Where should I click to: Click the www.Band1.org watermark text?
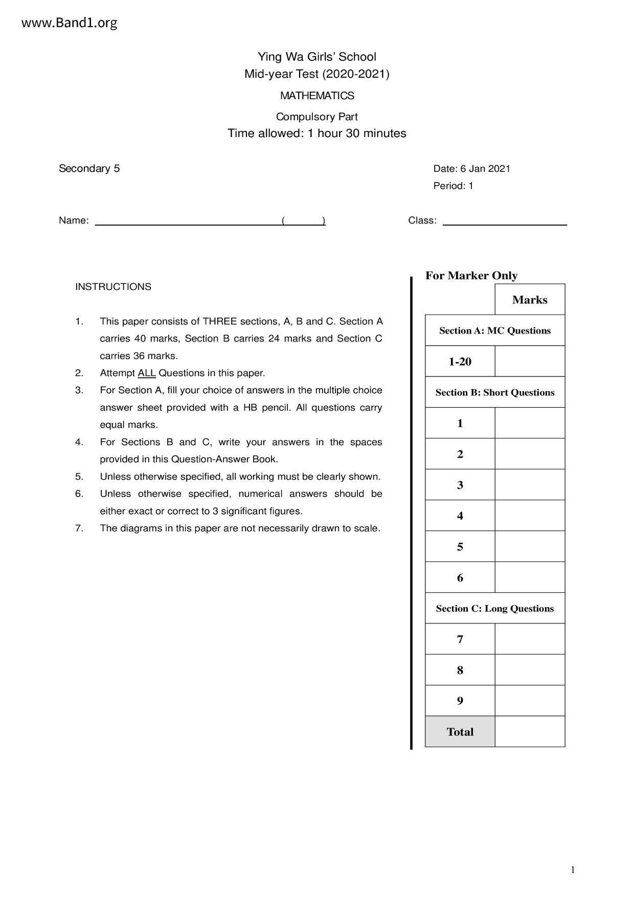tap(70, 23)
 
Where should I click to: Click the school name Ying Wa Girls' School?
tap(316, 57)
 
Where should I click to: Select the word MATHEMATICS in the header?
tap(317, 96)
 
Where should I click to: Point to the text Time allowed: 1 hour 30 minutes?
tap(316, 133)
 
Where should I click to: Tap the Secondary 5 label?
tap(89, 169)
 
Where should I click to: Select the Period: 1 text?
tap(453, 186)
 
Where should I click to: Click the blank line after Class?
tap(504, 222)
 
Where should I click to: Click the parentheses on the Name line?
tap(303, 221)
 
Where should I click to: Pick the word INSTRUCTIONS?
tap(113, 287)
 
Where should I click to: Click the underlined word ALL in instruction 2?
tap(147, 373)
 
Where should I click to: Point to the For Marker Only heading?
tap(471, 276)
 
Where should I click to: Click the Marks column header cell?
tap(530, 300)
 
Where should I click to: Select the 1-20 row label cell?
tap(460, 362)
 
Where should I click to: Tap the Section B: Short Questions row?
tap(494, 392)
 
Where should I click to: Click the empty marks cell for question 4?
tap(530, 515)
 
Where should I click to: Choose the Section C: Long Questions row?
tap(494, 608)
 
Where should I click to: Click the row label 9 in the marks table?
tap(460, 701)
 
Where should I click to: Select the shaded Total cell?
tap(460, 732)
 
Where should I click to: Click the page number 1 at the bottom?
tap(573, 870)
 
